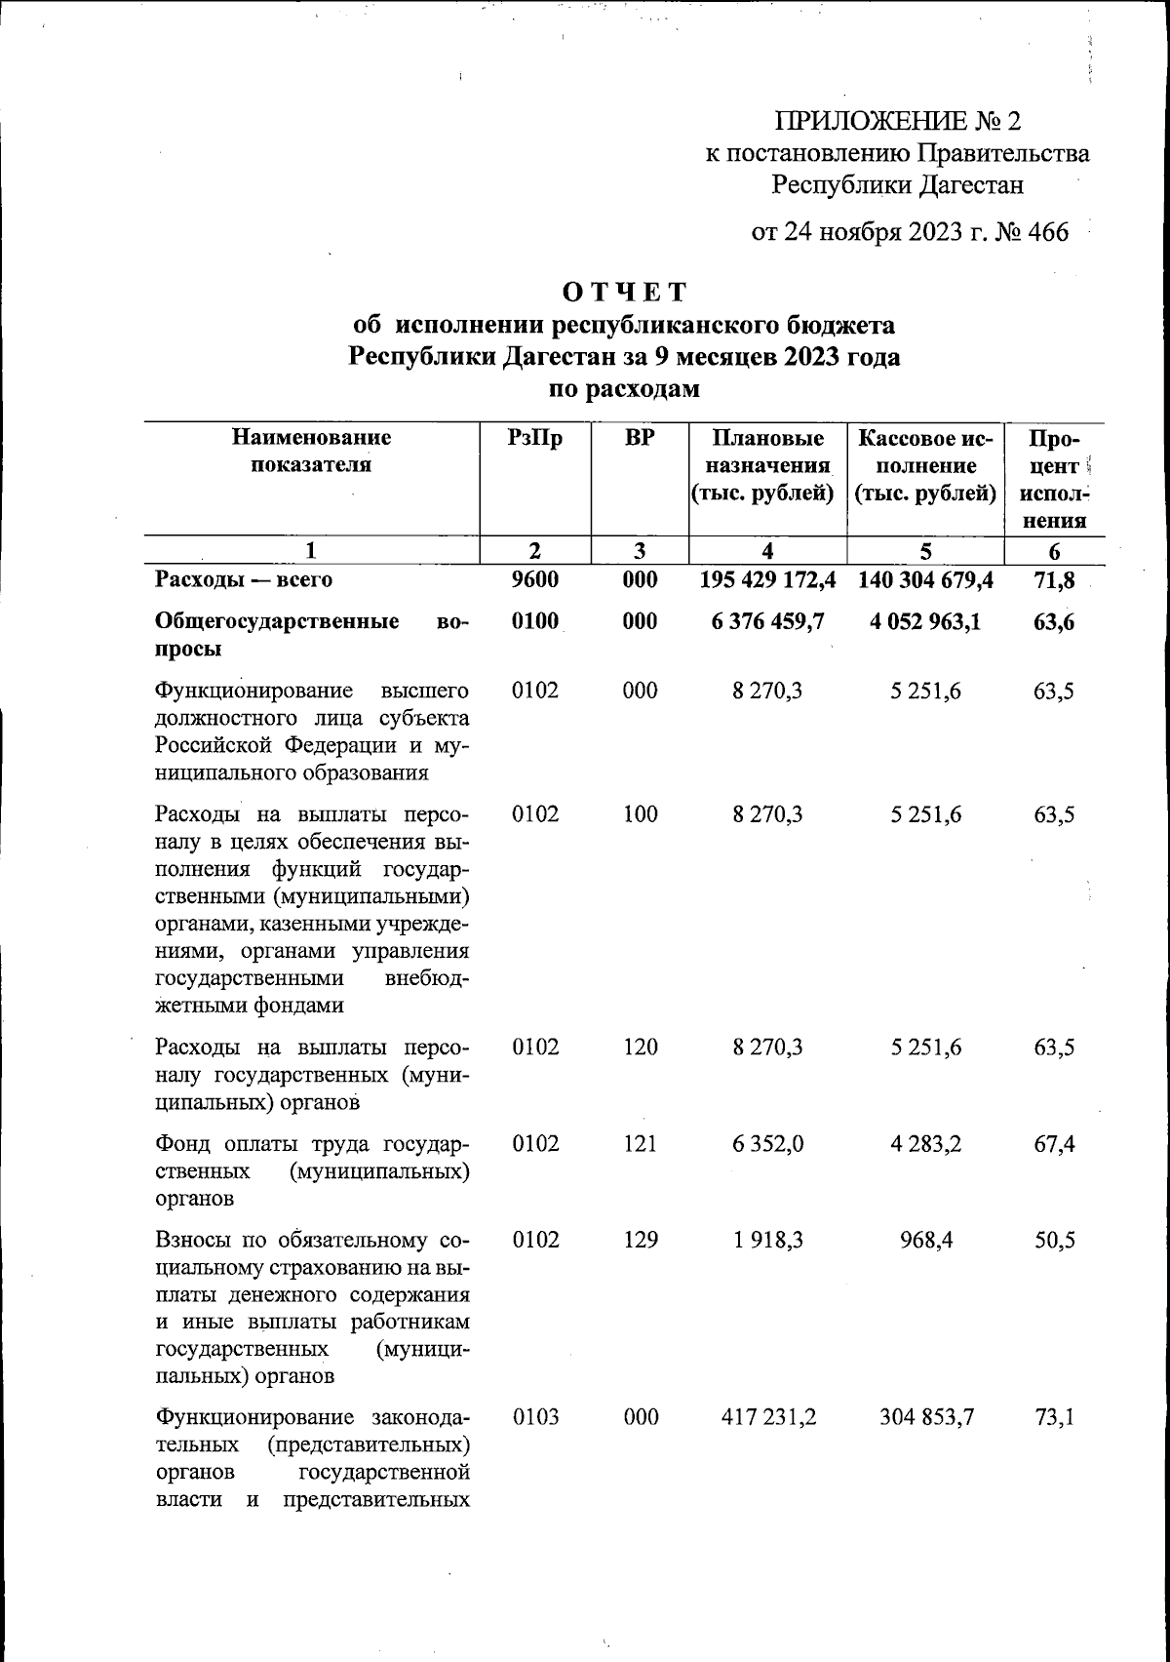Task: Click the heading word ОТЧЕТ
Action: (625, 292)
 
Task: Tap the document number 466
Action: (1047, 232)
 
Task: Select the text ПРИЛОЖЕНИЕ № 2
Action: (897, 121)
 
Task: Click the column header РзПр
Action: (535, 438)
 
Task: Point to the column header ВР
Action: (640, 438)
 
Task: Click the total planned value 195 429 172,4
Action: (768, 580)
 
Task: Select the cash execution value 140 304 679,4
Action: (925, 580)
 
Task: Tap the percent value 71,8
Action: (1054, 580)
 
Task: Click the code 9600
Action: (535, 580)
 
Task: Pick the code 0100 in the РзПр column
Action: (535, 621)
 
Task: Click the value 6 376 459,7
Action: (768, 621)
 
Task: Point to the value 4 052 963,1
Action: (925, 621)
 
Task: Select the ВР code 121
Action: (641, 1143)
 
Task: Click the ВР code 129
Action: (641, 1240)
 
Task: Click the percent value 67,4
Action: (1054, 1143)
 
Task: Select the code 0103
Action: (535, 1416)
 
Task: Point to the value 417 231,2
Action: (768, 1416)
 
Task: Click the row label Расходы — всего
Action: (244, 580)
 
